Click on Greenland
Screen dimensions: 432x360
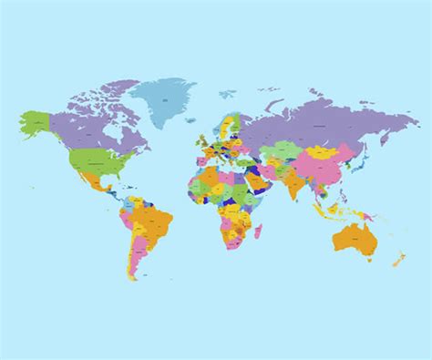tap(164, 97)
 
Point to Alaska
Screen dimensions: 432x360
tap(36, 123)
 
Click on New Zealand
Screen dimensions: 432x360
tap(398, 259)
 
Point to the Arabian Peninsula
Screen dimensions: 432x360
tap(260, 182)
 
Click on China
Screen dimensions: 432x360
tap(324, 164)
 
